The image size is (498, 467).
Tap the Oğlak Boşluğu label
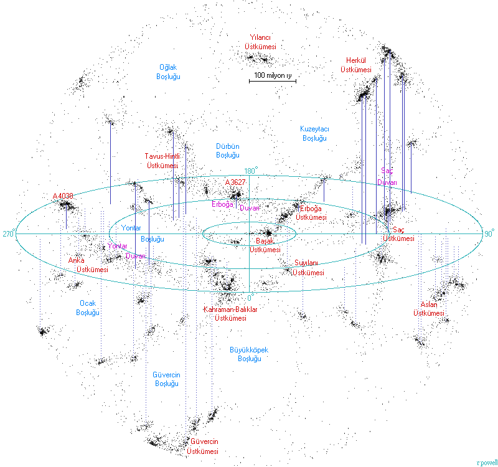(169, 71)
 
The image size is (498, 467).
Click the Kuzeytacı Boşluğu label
(314, 133)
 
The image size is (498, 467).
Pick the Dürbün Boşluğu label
(227, 149)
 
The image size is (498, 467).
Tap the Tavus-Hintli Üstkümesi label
(162, 161)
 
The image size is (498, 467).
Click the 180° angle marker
(251, 171)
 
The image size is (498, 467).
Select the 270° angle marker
(8, 233)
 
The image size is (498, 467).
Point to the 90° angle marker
(489, 233)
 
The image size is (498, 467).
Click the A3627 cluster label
(235, 182)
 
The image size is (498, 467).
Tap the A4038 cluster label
(63, 196)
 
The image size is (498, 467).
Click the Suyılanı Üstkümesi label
(309, 268)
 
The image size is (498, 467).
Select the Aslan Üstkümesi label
(429, 309)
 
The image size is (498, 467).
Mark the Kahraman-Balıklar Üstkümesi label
(230, 313)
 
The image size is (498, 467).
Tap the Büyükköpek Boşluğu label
(248, 354)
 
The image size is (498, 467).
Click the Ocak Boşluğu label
(88, 307)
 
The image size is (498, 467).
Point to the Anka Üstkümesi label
(87, 265)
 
